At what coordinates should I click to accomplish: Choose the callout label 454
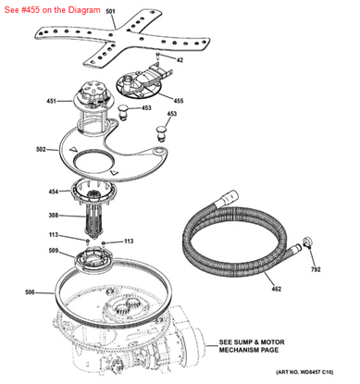(54, 192)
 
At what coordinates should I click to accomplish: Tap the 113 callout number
(55, 235)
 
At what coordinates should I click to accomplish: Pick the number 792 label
(317, 270)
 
